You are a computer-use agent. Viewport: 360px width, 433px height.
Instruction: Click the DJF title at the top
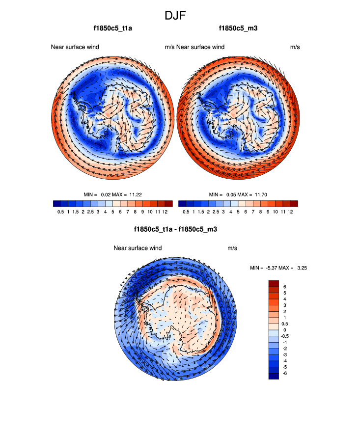[x=175, y=15]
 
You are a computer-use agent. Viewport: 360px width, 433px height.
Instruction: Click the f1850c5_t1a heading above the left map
[x=112, y=28]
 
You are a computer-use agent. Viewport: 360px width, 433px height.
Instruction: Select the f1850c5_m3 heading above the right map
[x=238, y=28]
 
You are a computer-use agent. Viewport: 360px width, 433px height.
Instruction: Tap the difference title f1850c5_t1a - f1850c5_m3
[x=175, y=229]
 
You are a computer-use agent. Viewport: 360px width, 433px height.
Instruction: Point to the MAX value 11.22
[x=135, y=195]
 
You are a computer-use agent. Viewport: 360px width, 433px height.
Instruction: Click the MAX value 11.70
[x=261, y=195]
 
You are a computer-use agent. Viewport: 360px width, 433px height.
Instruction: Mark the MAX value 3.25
[x=302, y=268]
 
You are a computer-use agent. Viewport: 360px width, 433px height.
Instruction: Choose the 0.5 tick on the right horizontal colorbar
[x=186, y=212]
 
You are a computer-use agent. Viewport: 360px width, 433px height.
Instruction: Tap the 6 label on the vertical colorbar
[x=285, y=287]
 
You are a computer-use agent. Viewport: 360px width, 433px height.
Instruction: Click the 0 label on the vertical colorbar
[x=285, y=330]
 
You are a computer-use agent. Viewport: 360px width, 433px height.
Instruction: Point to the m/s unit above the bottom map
[x=232, y=248]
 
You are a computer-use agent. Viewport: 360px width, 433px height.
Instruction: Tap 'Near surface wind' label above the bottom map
[x=138, y=248]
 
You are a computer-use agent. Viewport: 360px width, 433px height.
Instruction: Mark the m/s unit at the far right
[x=295, y=47]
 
